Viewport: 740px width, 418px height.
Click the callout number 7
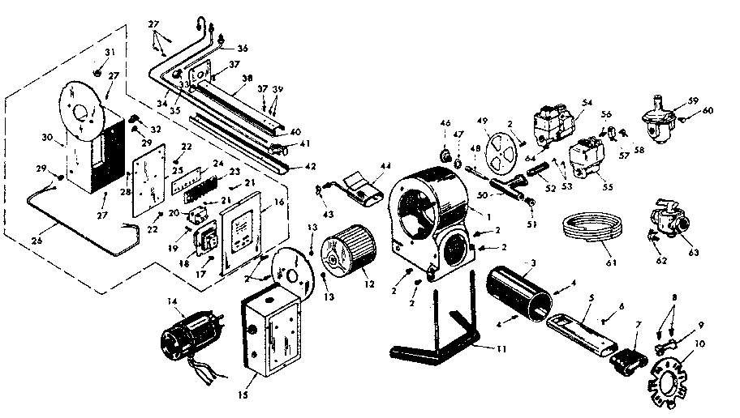point(637,325)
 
